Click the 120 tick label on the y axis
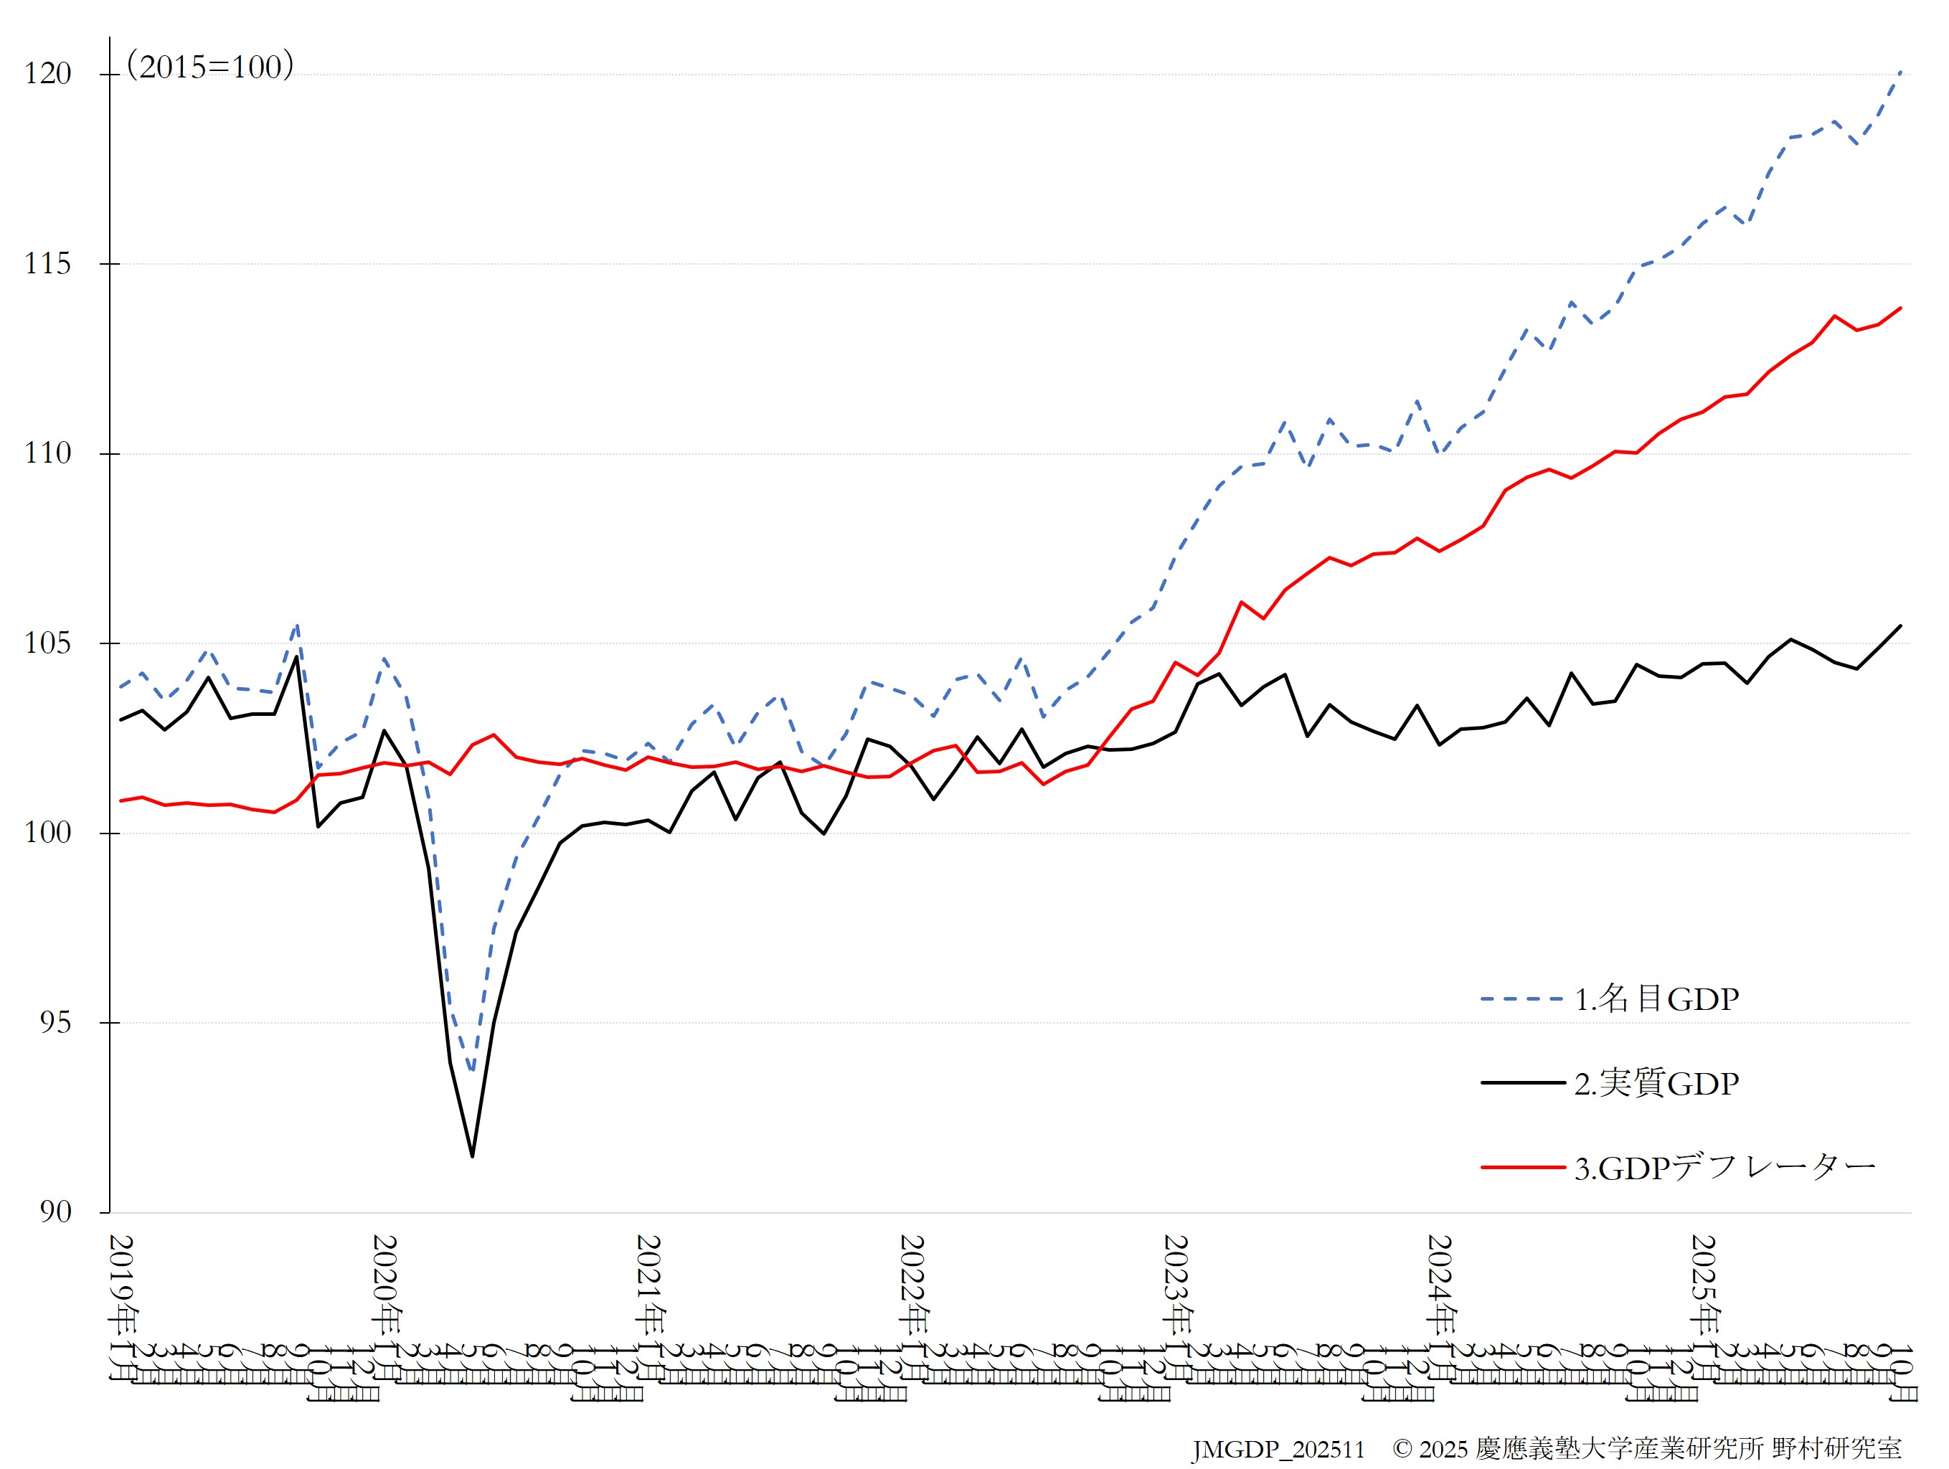click(47, 73)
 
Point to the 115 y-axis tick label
click(47, 263)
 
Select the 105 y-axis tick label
click(47, 643)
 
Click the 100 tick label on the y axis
click(47, 833)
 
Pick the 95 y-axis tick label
click(55, 1023)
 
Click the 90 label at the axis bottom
click(55, 1212)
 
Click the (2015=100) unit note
click(209, 67)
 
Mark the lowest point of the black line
click(472, 1156)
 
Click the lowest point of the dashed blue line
click(472, 1071)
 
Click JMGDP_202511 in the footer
click(1278, 1450)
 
